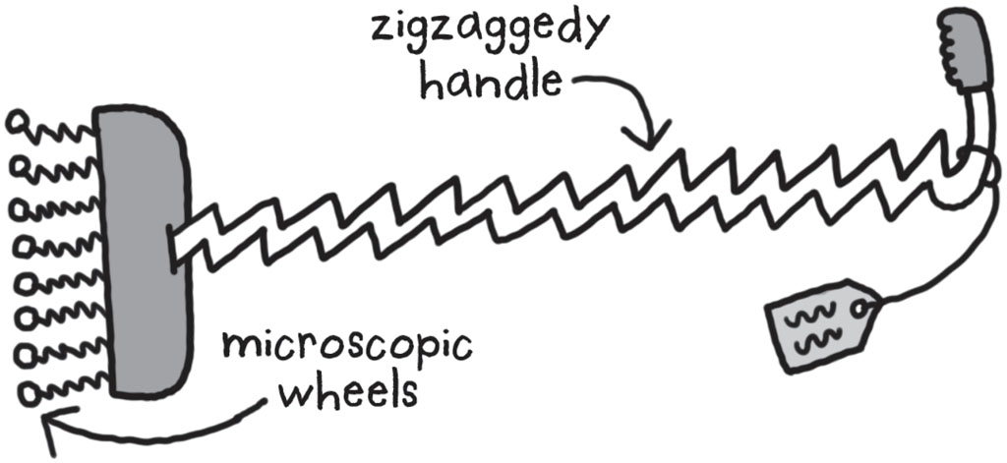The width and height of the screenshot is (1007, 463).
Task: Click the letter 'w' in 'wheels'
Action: pos(298,396)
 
